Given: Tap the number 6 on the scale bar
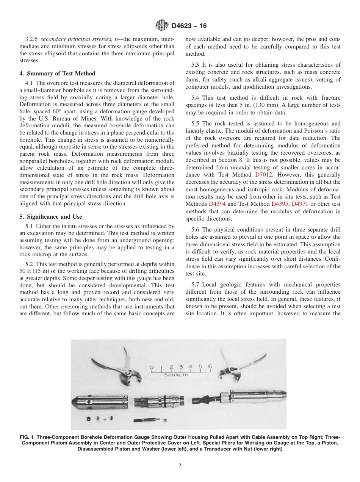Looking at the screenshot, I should pos(210,367).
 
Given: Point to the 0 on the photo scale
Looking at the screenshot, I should pos(152,367).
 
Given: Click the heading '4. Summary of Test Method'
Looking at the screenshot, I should pos(57,74).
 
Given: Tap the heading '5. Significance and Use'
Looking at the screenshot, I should pos(50,217).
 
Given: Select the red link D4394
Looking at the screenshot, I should pos(217,204).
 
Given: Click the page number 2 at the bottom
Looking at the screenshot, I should pos(180,466).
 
